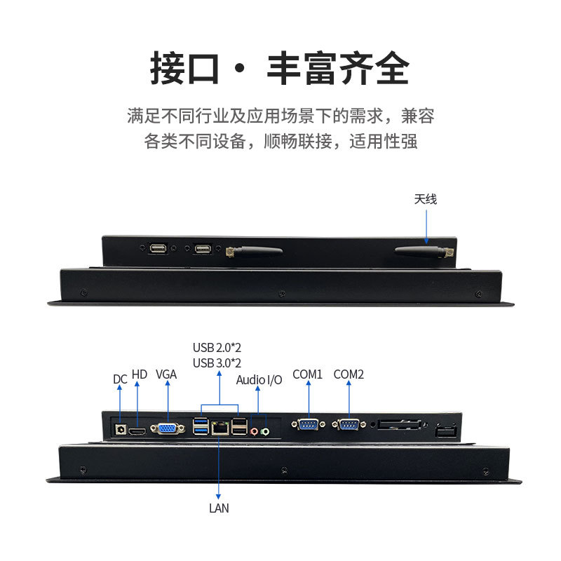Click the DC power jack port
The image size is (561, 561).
120,429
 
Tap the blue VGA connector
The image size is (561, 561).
168,428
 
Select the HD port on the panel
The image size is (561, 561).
137,431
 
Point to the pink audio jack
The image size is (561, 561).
254,432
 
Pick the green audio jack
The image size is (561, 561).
265,432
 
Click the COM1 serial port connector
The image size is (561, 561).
308,425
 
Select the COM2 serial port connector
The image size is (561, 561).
349,425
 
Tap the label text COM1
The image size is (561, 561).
307,374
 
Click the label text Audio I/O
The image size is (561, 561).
259,380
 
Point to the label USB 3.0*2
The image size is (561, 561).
217,363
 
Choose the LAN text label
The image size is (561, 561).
219,508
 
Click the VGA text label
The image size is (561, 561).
166,374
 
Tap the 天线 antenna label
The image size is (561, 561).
426,199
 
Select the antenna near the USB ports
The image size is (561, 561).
254,251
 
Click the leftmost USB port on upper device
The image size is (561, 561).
158,248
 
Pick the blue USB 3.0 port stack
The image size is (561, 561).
201,426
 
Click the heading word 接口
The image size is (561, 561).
184,68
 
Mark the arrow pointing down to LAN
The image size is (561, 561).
218,467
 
